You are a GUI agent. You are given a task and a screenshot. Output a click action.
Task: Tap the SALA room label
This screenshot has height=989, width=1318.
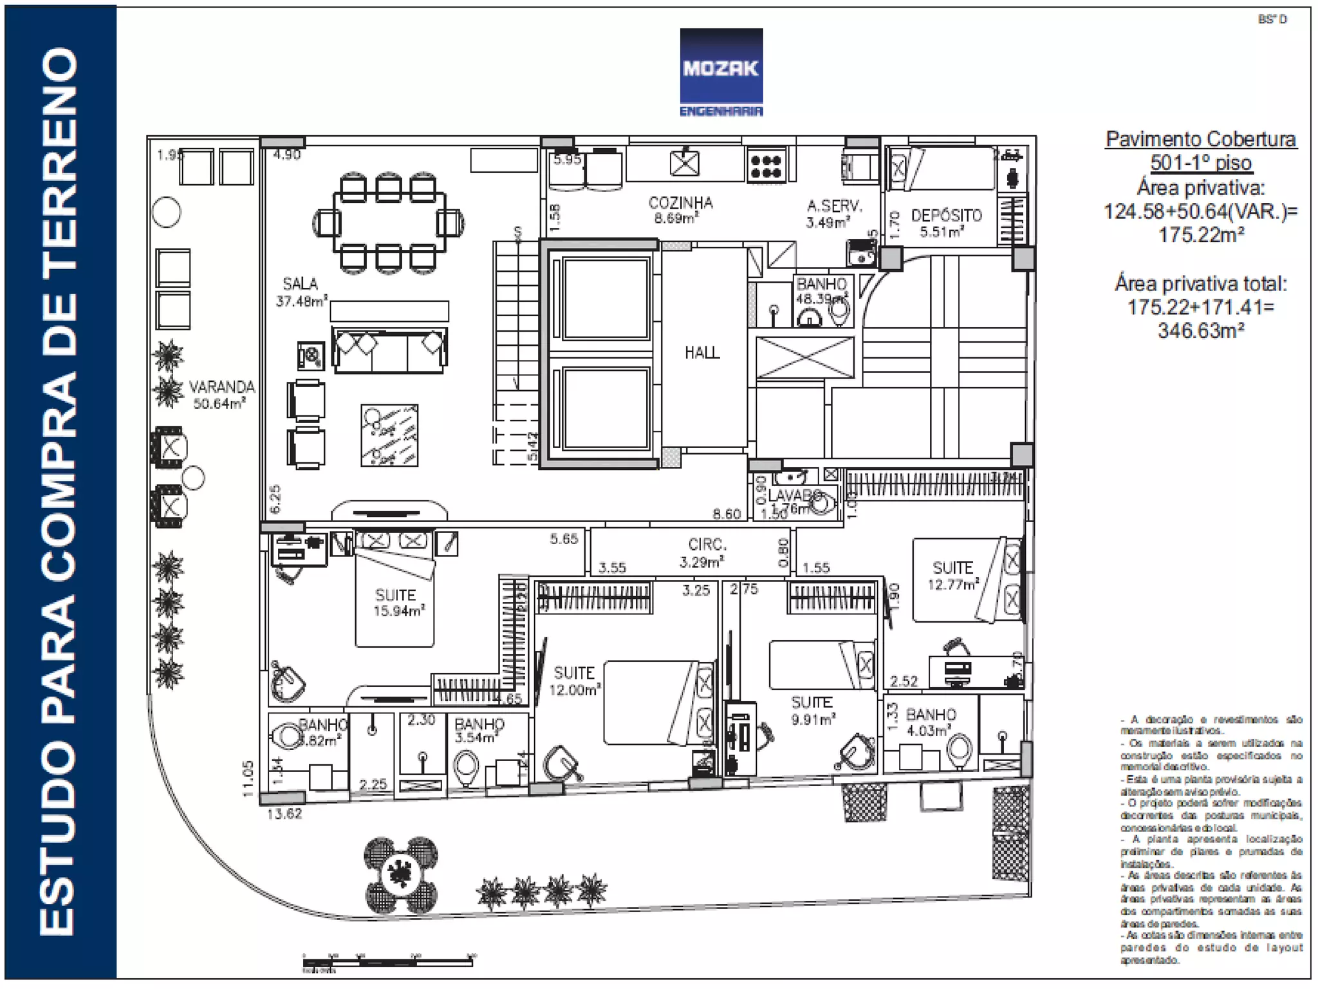[x=300, y=283]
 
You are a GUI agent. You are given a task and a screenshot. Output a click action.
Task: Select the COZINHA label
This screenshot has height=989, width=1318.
[x=680, y=203]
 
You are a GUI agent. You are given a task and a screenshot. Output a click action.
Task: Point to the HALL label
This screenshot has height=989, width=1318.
[x=702, y=352]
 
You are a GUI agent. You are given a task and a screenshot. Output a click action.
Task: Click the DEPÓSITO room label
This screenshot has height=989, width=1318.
[x=946, y=216]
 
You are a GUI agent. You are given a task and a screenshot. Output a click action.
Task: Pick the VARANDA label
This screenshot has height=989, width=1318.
[x=221, y=387]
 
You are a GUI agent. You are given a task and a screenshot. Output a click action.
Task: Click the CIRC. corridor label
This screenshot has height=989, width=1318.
[x=707, y=545]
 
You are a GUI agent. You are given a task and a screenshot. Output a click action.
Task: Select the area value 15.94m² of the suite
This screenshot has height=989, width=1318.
[x=399, y=611]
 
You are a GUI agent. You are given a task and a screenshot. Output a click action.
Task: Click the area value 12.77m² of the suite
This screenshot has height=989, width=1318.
[x=952, y=585]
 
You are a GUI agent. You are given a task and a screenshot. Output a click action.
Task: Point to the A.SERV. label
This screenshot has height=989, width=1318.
[x=834, y=206]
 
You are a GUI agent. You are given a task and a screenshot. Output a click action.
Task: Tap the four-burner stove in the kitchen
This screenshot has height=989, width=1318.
[x=766, y=165]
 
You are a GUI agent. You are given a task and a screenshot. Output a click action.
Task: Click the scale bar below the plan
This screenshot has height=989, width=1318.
[x=388, y=962]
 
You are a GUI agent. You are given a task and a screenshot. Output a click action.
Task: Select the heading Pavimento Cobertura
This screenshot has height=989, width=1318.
[x=1200, y=139]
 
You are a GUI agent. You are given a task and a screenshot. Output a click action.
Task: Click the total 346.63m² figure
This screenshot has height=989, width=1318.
[x=1200, y=331]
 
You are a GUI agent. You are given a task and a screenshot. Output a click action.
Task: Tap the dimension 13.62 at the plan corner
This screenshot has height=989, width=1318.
[x=284, y=814]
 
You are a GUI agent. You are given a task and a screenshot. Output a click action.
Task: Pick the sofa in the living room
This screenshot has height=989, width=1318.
[x=389, y=350]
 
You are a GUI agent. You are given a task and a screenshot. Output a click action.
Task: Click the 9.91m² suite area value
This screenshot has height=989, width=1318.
[x=813, y=719]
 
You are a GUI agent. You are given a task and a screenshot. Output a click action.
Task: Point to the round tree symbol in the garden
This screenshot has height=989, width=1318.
[x=401, y=875]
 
